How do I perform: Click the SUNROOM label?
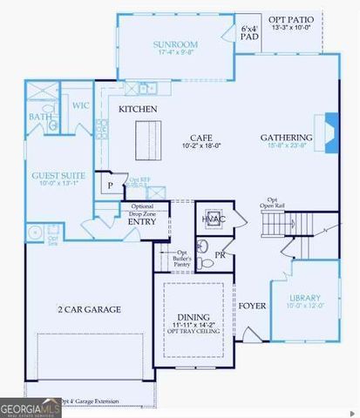click(x=175, y=44)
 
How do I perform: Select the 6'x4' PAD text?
click(x=249, y=33)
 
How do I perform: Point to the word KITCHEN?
click(x=138, y=109)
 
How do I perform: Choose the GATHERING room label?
click(x=286, y=138)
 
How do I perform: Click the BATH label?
click(x=40, y=116)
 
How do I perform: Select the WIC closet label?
click(x=81, y=106)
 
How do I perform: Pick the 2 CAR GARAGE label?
click(x=89, y=309)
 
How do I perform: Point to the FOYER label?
click(x=253, y=306)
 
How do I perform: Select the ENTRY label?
click(x=142, y=222)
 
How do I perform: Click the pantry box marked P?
click(x=111, y=185)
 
